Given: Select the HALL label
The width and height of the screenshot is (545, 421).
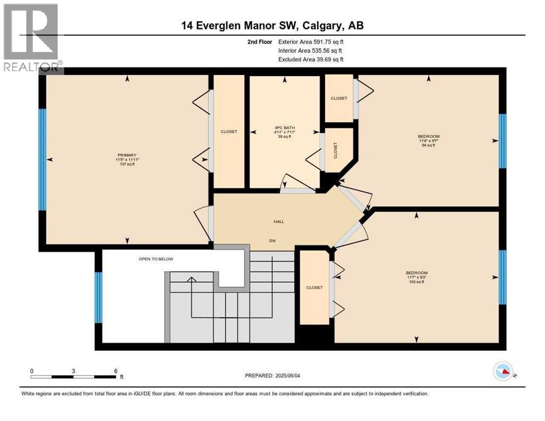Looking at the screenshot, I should click(x=279, y=221).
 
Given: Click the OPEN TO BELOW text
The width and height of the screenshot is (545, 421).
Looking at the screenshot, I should click(x=156, y=259).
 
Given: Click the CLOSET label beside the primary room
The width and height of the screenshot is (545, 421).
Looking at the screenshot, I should click(x=229, y=132).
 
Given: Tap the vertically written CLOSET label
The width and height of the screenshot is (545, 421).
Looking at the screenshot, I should click(x=336, y=150).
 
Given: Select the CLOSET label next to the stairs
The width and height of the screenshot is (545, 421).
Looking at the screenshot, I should click(x=315, y=287).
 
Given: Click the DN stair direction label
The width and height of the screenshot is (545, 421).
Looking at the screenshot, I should click(x=272, y=241).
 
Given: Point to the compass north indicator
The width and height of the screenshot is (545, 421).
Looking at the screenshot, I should click(x=503, y=371).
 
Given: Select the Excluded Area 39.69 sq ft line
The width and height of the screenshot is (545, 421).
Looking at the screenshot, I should click(x=311, y=60).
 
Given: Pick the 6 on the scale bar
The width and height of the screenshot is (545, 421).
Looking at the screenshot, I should click(x=116, y=371).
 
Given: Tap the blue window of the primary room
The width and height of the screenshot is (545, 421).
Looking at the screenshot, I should click(x=42, y=160).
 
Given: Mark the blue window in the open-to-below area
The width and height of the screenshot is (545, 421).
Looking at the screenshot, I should click(x=99, y=297).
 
